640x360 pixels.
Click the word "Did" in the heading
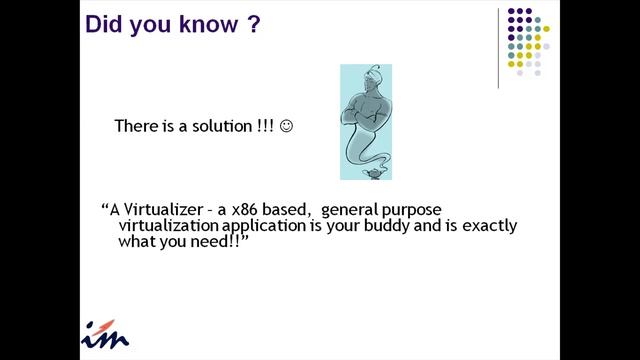[104, 23]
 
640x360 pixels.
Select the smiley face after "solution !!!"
[287, 127]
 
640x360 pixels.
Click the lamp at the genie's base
[367, 171]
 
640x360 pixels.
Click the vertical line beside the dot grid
[498, 47]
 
